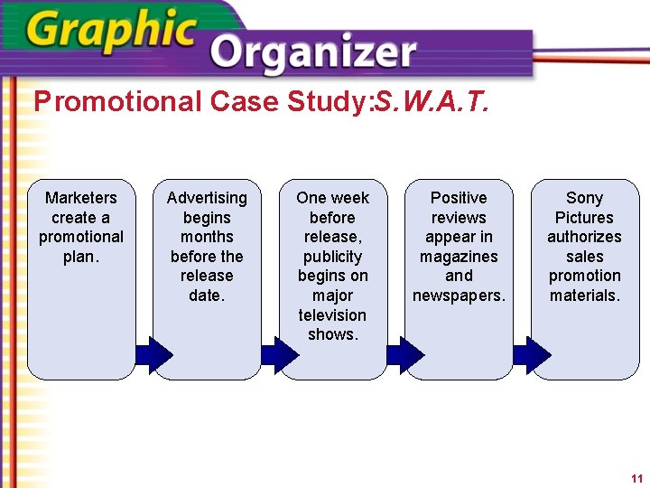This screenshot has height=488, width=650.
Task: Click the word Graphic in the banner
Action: tap(111, 33)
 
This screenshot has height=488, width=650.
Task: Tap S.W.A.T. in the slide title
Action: tap(432, 101)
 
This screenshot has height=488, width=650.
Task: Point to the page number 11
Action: tap(636, 478)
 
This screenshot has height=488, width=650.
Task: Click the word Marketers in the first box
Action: tap(81, 198)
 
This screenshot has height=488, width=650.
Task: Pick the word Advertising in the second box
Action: tap(207, 198)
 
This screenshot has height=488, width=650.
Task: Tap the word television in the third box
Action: tap(332, 315)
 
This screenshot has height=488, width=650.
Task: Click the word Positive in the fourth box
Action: tap(459, 198)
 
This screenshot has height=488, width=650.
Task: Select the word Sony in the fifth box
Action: tap(584, 198)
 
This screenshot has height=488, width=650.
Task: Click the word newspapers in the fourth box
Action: tap(458, 296)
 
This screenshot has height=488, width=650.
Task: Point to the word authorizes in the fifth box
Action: tap(584, 237)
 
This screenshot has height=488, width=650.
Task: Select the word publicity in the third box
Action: tap(332, 257)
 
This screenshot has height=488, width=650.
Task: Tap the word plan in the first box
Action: tap(79, 257)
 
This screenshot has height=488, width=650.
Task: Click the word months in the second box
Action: tap(207, 237)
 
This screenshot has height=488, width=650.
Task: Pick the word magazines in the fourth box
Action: tap(459, 257)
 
